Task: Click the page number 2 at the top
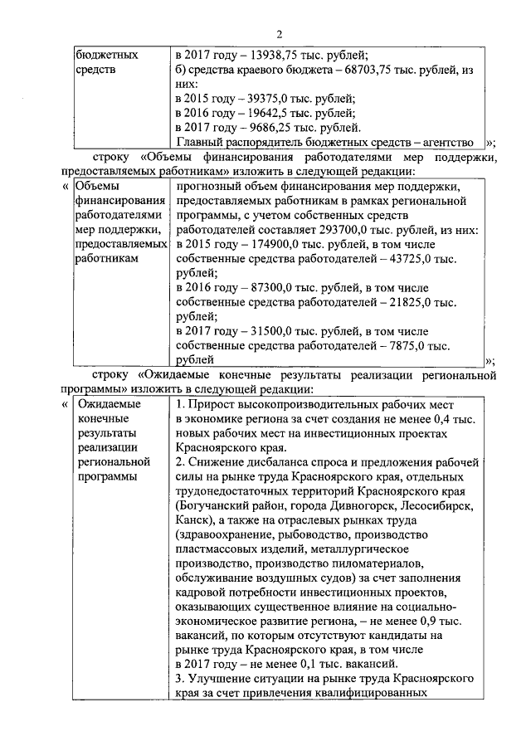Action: click(x=280, y=33)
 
